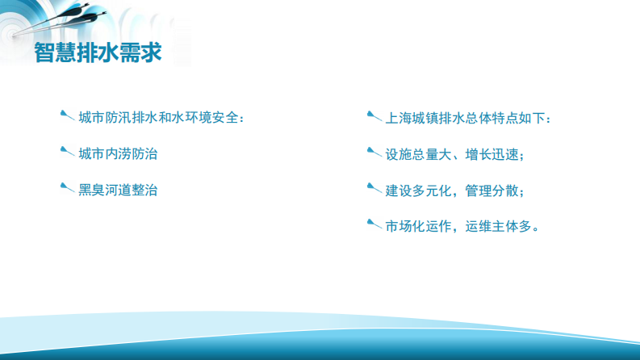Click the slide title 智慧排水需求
click(98, 52)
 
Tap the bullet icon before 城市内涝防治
click(68, 151)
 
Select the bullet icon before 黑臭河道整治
click(68, 188)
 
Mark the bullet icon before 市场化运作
click(374, 224)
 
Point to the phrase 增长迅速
click(492, 153)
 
